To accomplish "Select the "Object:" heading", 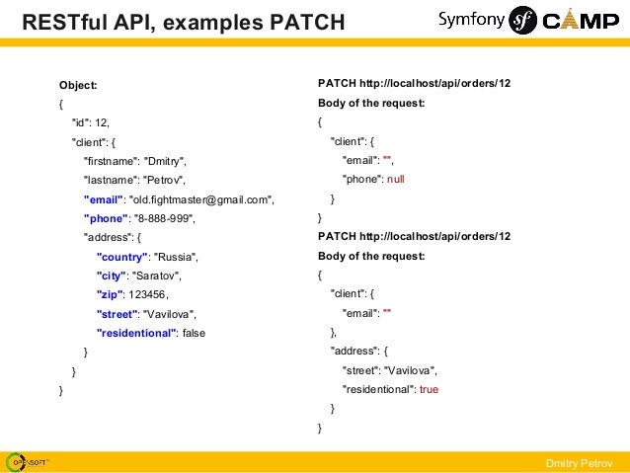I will point(78,85).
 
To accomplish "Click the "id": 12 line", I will point(91,122).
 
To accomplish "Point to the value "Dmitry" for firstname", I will point(164,161).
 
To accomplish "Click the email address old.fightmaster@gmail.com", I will point(201,199).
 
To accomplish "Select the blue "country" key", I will point(120,257).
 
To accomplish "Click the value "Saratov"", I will point(157,276).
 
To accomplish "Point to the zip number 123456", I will point(147,294).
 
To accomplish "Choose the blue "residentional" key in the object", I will point(136,333).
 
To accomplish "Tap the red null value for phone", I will point(396,180).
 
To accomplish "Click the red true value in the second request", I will point(429,389).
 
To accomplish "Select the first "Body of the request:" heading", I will point(371,104).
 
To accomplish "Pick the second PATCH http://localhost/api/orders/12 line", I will point(414,237).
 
